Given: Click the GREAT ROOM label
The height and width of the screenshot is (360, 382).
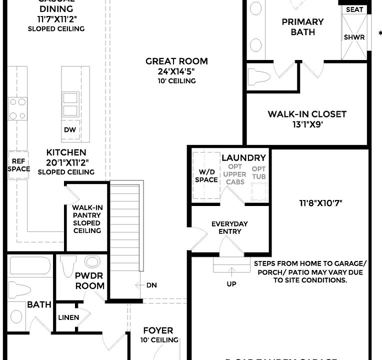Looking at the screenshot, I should point(169,61).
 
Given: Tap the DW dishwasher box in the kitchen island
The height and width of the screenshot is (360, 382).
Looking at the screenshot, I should point(70,129).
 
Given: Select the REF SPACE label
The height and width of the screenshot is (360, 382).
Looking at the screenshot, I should point(18,165).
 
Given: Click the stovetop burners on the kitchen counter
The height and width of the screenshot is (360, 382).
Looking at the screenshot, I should point(17,109).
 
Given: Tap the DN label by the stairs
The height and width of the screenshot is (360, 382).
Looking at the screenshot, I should point(151,285).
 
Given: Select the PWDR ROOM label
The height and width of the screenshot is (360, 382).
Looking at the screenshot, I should point(89,281).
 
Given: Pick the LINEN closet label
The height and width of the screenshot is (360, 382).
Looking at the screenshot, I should point(68,317).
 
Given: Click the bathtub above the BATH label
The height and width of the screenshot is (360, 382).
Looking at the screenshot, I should point(30,266).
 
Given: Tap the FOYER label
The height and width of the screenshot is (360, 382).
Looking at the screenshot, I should point(158,330).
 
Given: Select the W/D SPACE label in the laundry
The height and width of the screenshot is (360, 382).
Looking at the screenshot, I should point(206,175).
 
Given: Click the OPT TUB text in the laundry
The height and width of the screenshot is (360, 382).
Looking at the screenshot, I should point(258,173).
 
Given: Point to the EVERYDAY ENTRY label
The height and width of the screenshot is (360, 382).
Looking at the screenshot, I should point(229,227).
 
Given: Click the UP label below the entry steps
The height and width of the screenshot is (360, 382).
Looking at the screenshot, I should point(231,284).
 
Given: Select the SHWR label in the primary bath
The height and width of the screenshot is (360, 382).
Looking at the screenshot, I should point(354,37).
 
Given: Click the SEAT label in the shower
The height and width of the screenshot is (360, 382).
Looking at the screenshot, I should point(354,9).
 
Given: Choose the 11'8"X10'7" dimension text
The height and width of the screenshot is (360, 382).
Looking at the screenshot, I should point(320,203).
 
